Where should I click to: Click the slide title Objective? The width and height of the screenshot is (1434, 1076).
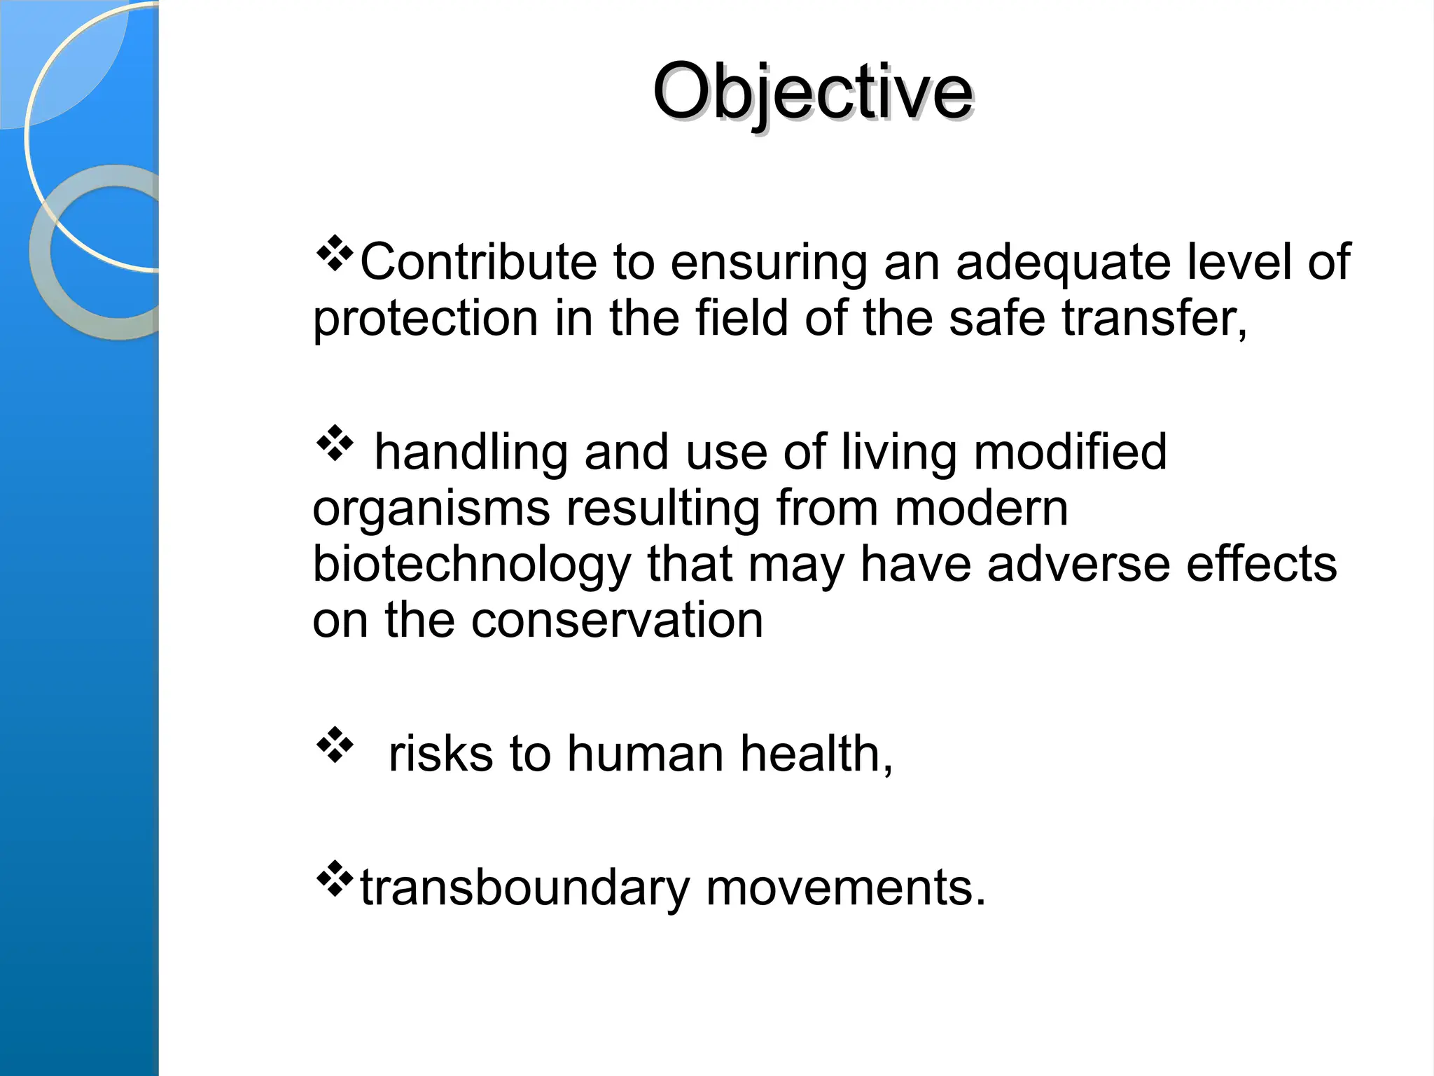(812, 92)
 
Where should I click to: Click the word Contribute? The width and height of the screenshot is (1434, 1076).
(478, 262)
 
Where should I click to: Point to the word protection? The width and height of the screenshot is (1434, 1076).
(425, 319)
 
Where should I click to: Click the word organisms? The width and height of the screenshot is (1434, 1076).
(431, 509)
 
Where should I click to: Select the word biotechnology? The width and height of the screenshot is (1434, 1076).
(471, 565)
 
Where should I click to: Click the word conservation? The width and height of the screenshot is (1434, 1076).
(617, 621)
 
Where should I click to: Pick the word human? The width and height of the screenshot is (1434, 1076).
(645, 754)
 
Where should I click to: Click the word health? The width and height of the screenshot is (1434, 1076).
(816, 754)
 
